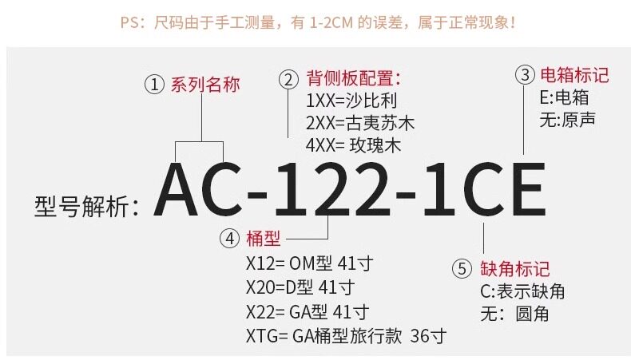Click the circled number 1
(x=153, y=85)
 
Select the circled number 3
(x=524, y=76)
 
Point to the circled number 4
(x=229, y=238)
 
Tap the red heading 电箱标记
(x=574, y=76)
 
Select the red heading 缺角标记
(x=514, y=269)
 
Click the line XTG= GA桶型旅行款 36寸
(x=345, y=335)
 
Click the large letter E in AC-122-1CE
(x=521, y=189)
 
